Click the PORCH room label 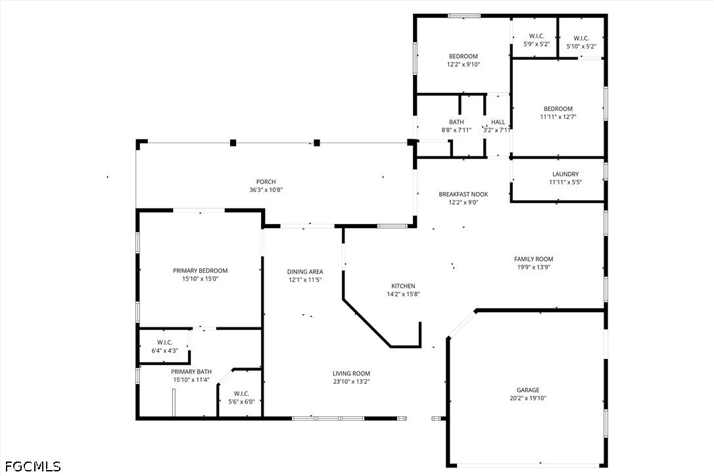click(266, 182)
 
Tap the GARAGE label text click(528, 389)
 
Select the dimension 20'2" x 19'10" click(528, 398)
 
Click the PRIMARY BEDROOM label click(200, 271)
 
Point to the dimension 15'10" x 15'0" click(200, 279)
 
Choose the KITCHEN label click(403, 286)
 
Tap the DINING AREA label click(305, 272)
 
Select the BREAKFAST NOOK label click(464, 195)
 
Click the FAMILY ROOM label click(533, 259)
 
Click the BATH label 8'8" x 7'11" click(456, 122)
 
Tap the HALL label click(498, 122)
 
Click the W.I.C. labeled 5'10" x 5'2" click(581, 38)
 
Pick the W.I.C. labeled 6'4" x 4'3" click(164, 342)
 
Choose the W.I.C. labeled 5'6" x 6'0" click(241, 393)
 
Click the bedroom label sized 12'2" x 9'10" click(463, 57)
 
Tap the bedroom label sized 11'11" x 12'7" click(558, 109)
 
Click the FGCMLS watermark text click(31, 466)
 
